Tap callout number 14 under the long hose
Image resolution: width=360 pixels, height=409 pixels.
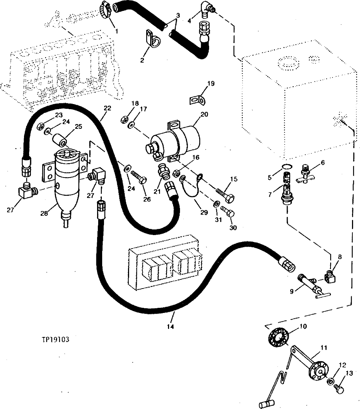tap(170, 326)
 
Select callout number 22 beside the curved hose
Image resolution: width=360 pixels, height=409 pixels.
tap(107, 108)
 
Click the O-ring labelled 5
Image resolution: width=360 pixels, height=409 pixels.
tap(287, 167)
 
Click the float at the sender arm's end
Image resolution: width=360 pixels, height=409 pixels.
tap(265, 404)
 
